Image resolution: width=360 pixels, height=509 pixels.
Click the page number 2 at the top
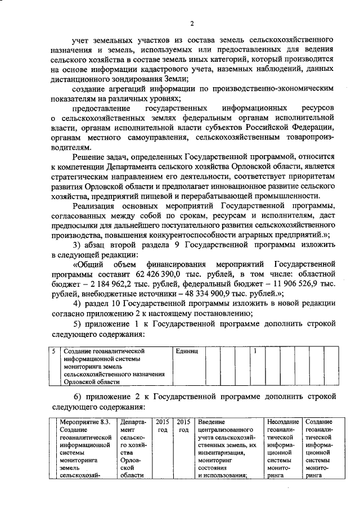pos(191,23)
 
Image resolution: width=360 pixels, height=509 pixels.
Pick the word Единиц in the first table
pos(187,351)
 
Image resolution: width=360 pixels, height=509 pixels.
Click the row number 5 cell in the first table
pos(53,351)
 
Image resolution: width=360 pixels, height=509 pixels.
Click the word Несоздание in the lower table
pos(283,422)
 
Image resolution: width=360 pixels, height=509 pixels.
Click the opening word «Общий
pos(90,263)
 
